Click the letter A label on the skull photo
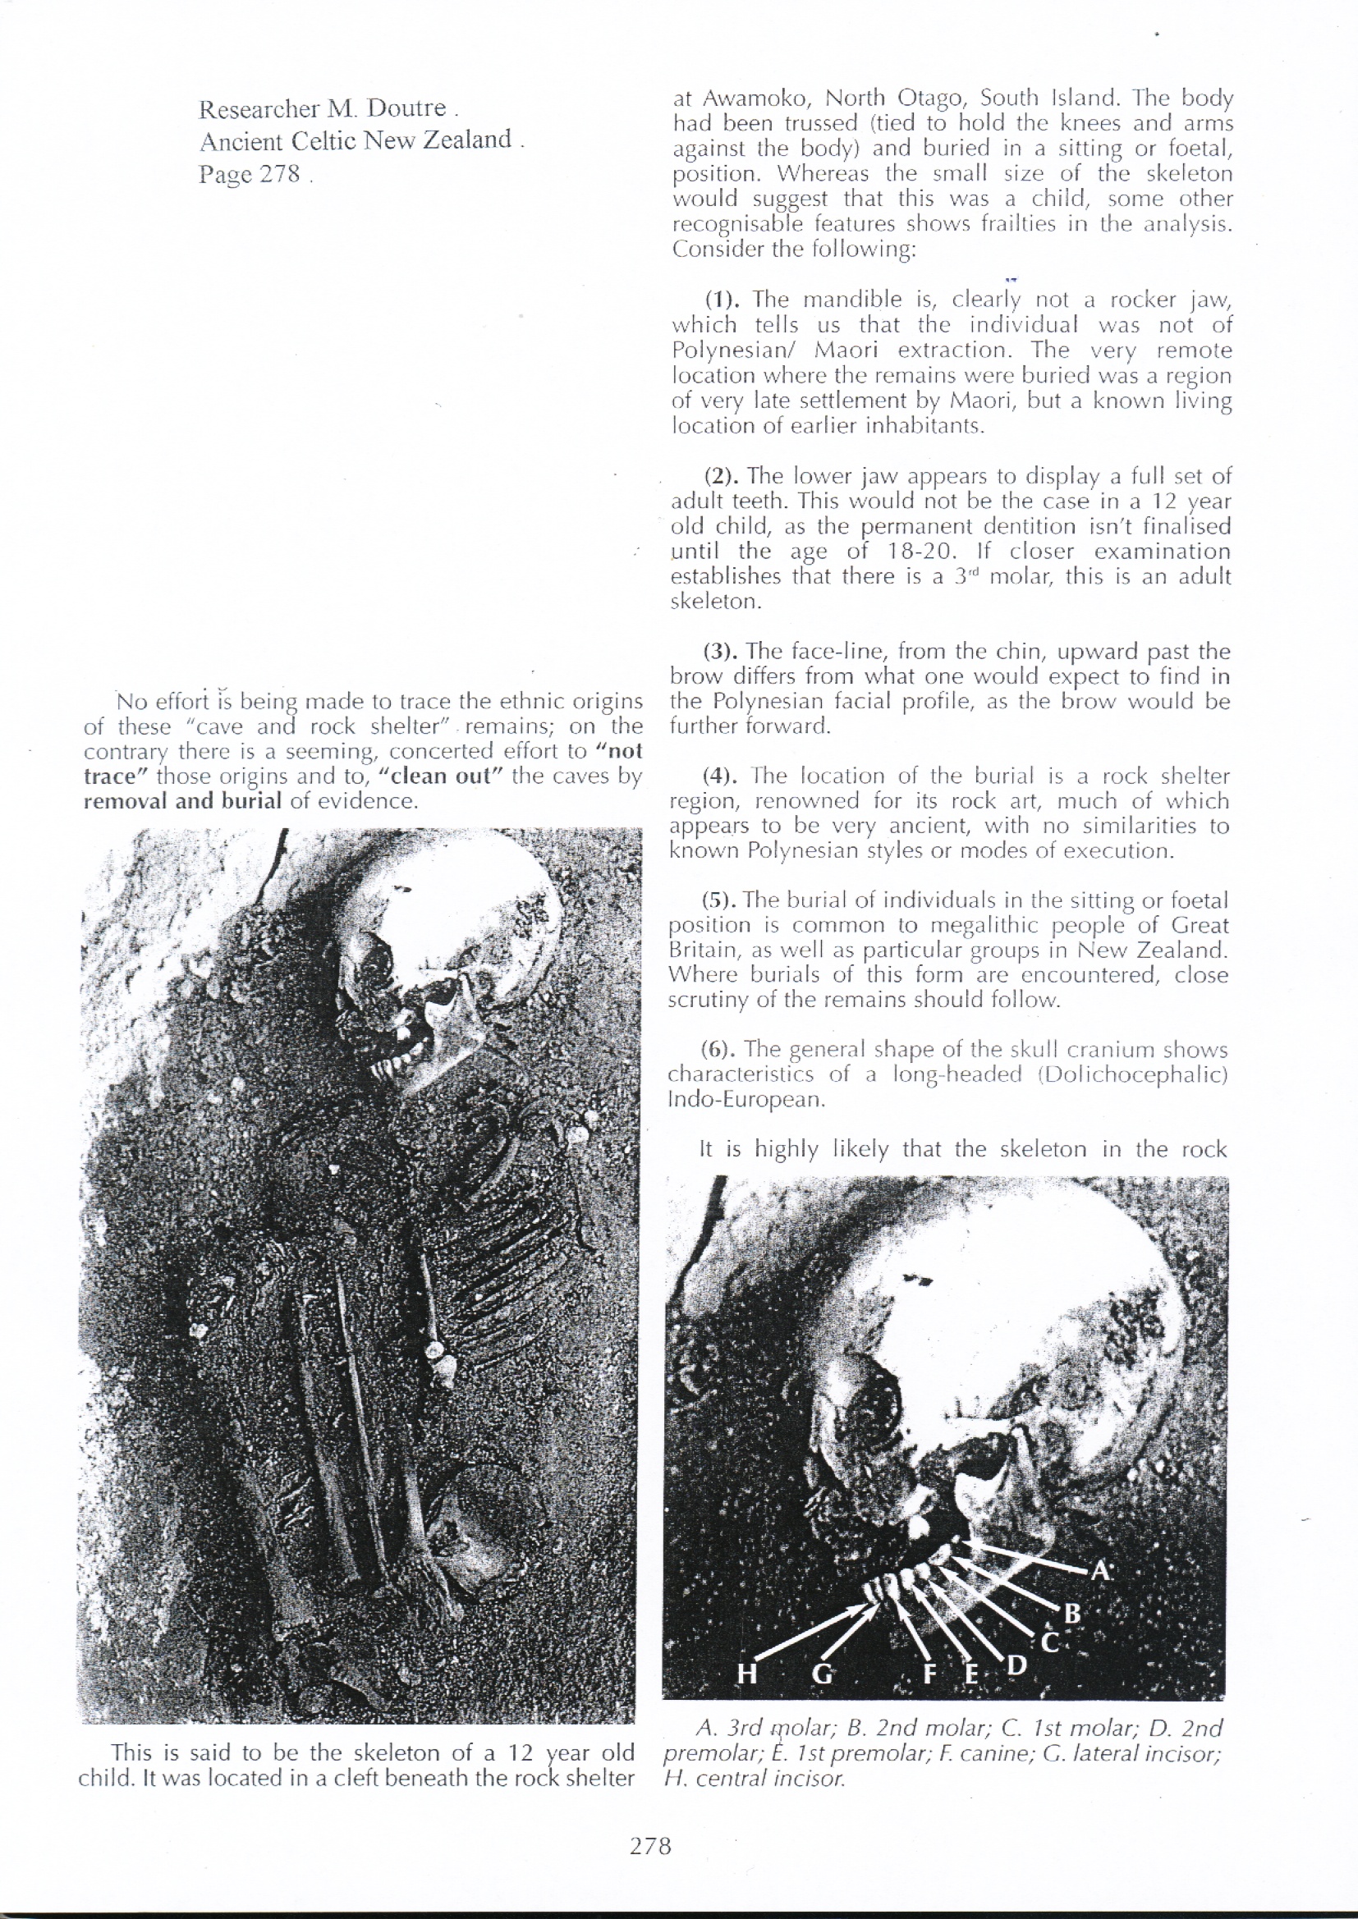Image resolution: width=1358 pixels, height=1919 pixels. click(x=1100, y=1571)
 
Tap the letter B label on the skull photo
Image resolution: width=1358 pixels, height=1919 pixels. click(x=1073, y=1613)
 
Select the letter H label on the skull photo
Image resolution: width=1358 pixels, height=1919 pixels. click(x=746, y=1674)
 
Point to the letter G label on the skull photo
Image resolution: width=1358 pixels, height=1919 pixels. click(x=823, y=1674)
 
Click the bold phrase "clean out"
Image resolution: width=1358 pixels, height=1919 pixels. click(x=440, y=776)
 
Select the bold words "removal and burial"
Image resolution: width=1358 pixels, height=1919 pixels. click(x=183, y=801)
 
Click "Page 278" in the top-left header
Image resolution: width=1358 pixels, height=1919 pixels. click(x=250, y=174)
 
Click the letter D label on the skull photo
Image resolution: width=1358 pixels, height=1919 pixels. click(x=1016, y=1665)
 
